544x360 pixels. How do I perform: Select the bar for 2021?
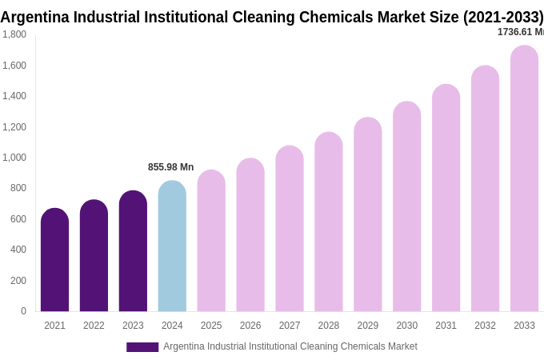click(54, 260)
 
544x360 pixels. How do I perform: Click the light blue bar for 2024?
click(172, 246)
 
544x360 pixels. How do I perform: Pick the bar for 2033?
click(524, 178)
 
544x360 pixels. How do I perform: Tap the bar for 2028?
click(328, 222)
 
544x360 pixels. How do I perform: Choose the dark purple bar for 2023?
click(133, 251)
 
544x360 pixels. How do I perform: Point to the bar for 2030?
click(406, 206)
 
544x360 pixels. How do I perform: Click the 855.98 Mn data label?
click(170, 167)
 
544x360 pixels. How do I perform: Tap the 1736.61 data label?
click(520, 32)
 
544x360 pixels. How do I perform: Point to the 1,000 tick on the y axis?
click(14, 158)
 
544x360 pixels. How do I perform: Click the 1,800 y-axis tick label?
click(14, 34)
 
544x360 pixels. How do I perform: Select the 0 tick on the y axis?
click(23, 311)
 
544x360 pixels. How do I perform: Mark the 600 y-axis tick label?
click(18, 219)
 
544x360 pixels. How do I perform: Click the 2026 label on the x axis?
click(250, 326)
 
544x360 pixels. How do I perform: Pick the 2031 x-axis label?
click(446, 326)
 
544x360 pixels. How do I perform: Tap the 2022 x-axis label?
click(94, 326)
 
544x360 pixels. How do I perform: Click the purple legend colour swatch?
click(142, 347)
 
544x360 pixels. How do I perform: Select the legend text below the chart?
click(290, 346)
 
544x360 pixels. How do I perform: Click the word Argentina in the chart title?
click(35, 17)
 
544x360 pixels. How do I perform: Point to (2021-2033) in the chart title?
click(503, 17)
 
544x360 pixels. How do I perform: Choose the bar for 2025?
click(211, 241)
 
